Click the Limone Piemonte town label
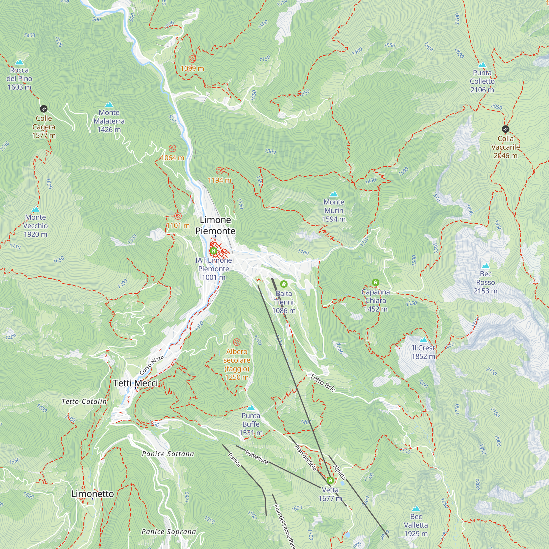(215, 225)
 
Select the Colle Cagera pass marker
(43, 108)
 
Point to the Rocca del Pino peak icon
(19, 62)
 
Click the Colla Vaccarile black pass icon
(505, 129)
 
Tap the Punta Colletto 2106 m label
(482, 81)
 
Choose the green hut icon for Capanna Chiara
(375, 282)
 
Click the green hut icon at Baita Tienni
(284, 284)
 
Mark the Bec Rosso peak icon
(485, 266)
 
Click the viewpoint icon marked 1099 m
(192, 59)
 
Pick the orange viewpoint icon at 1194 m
(219, 171)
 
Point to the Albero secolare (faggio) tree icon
(237, 342)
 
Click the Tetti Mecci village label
(136, 383)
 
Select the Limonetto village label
(92, 494)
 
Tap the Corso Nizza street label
(152, 365)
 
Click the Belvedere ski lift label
(257, 457)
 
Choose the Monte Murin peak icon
(334, 194)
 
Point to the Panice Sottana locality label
(168, 454)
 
